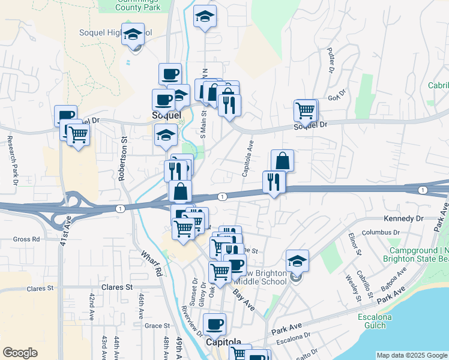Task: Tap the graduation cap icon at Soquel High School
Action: point(133,35)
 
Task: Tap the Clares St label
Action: point(116,287)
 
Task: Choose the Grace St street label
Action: point(158,326)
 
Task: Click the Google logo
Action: point(20,353)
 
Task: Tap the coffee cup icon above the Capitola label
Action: point(214,325)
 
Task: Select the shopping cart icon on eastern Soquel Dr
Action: point(306,111)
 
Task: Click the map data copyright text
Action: point(411,355)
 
